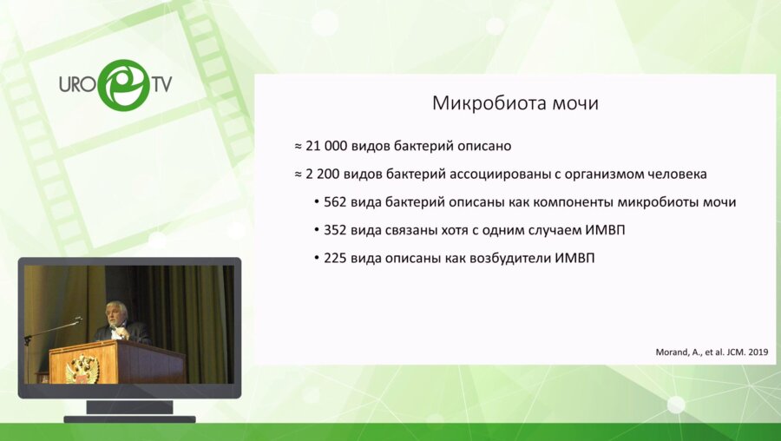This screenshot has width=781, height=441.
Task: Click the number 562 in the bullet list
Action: coord(336,202)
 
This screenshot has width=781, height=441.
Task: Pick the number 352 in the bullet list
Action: coord(336,230)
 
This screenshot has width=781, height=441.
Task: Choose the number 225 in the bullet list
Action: coord(336,258)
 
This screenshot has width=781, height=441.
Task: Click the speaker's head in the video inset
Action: coord(115,311)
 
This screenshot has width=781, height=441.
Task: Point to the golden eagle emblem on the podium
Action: coord(82,368)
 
